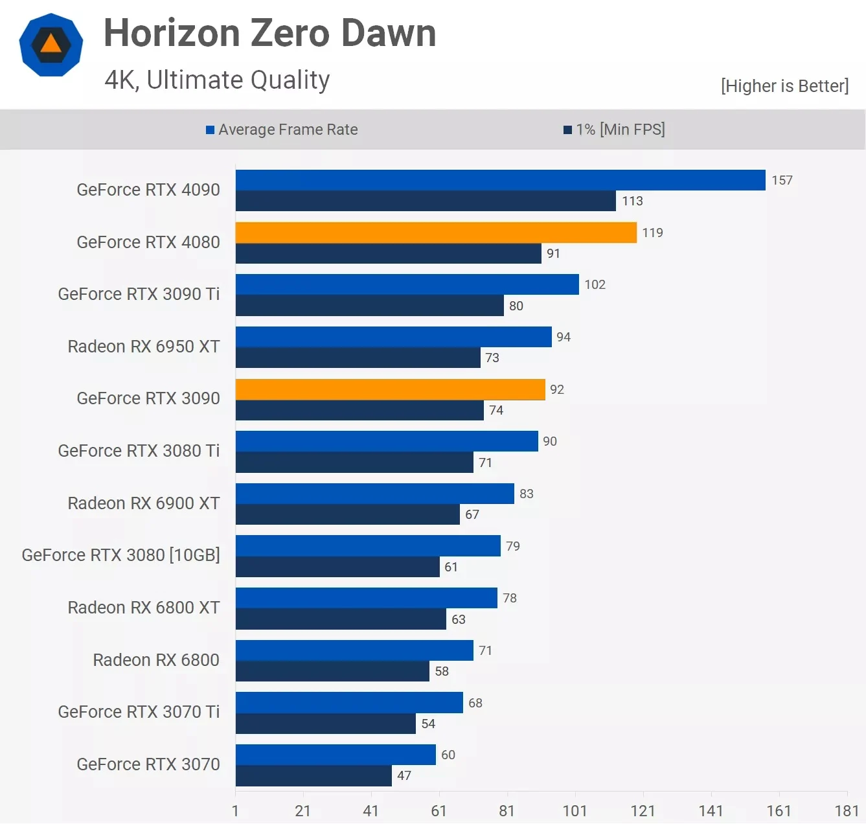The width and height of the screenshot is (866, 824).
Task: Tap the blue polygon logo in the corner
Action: point(51,45)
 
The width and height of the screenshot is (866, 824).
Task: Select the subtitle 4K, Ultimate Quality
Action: point(217,80)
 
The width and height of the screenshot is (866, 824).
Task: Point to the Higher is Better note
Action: point(784,86)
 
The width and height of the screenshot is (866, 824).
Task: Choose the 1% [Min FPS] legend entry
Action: point(614,130)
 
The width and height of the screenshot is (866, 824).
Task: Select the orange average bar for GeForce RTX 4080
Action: point(436,233)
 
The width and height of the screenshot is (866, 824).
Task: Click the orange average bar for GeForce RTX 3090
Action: point(390,389)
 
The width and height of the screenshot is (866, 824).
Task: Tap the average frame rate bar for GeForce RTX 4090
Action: point(500,180)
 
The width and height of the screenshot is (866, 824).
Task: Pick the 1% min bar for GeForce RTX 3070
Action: point(313,775)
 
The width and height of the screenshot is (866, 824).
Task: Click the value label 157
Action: point(782,180)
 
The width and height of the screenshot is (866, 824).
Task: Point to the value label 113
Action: point(632,201)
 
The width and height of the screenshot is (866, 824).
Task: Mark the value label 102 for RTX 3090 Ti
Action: point(595,284)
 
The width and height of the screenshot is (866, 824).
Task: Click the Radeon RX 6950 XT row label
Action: point(144,347)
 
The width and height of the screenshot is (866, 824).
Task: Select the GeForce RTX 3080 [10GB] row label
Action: point(121,555)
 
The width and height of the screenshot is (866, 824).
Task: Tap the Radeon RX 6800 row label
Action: point(156,659)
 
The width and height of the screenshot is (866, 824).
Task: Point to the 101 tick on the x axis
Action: point(575,811)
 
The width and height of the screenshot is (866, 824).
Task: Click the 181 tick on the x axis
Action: point(846,811)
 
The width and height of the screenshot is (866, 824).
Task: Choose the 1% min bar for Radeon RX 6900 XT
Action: point(347,514)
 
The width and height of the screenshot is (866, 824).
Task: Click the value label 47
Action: point(404,775)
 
